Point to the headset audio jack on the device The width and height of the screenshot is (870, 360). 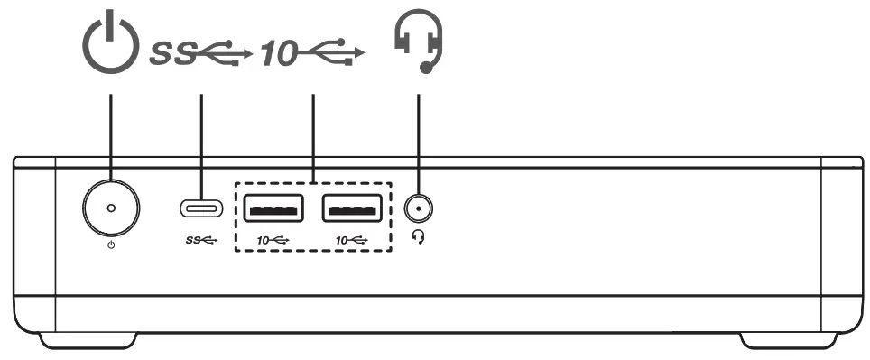(x=417, y=209)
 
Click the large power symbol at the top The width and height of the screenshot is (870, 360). (x=111, y=46)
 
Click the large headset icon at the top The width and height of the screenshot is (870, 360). (x=419, y=44)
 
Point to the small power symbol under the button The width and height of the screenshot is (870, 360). (x=111, y=245)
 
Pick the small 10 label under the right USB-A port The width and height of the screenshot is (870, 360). (x=352, y=240)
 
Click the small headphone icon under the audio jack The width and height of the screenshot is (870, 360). (x=418, y=235)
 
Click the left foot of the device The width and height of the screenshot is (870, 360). (x=88, y=340)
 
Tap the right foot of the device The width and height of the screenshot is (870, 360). (x=783, y=340)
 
